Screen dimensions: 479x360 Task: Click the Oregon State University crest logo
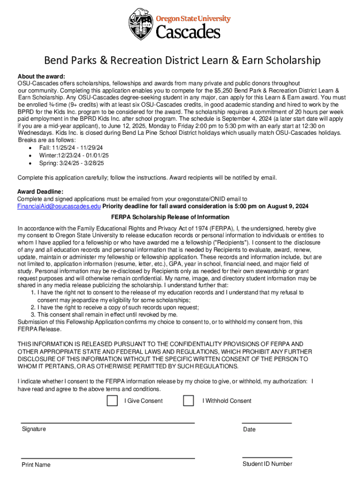pyautogui.click(x=141, y=24)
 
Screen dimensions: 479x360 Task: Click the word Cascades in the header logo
pyautogui.click(x=187, y=32)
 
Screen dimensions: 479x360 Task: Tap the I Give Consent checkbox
pyautogui.click(x=112, y=401)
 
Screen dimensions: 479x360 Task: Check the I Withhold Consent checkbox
pyautogui.click(x=188, y=401)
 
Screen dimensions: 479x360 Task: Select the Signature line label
pyautogui.click(x=34, y=429)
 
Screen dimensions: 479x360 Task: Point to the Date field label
pyautogui.click(x=249, y=429)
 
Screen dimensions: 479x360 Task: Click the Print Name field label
pyautogui.click(x=36, y=464)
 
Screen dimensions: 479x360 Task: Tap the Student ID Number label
pyautogui.click(x=267, y=464)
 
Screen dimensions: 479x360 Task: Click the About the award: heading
pyautogui.click(x=41, y=76)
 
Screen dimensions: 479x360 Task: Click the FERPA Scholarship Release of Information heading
pyautogui.click(x=170, y=217)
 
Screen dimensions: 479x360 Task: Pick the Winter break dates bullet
pyautogui.click(x=74, y=155)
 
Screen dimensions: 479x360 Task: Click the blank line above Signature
pyautogui.click(x=108, y=423)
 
